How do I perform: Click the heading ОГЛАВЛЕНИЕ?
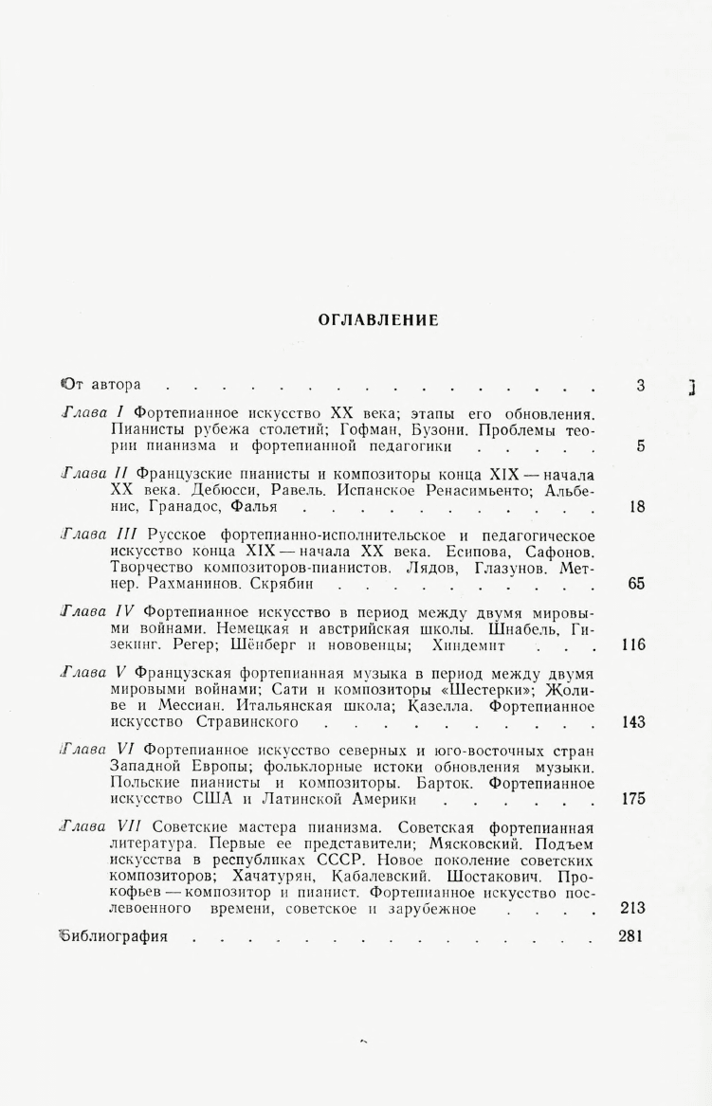[378, 319]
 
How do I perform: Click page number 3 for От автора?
[641, 385]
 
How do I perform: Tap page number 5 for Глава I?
[641, 446]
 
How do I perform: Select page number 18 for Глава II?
[637, 507]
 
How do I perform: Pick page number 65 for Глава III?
[636, 584]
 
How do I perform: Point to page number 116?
[633, 645]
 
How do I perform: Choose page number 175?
[633, 799]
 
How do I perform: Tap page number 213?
[632, 908]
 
